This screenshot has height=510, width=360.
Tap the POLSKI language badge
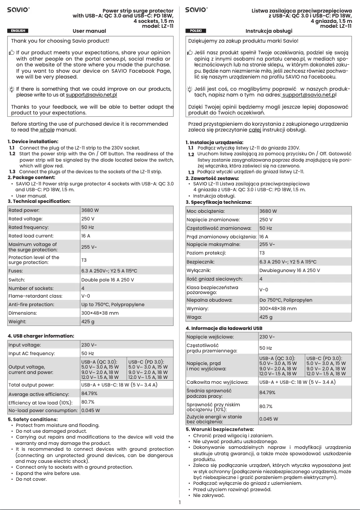tap(196, 31)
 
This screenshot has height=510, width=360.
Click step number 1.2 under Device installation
tap(12, 154)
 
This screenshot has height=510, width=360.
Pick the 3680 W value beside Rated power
tap(90, 210)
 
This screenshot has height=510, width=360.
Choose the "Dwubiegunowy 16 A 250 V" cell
tap(290, 271)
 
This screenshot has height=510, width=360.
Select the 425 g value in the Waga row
tap(266, 317)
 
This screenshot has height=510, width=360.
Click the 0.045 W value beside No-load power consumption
tap(90, 410)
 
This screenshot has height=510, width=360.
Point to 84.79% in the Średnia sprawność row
tap(268, 392)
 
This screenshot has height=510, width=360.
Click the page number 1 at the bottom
tap(180, 502)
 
